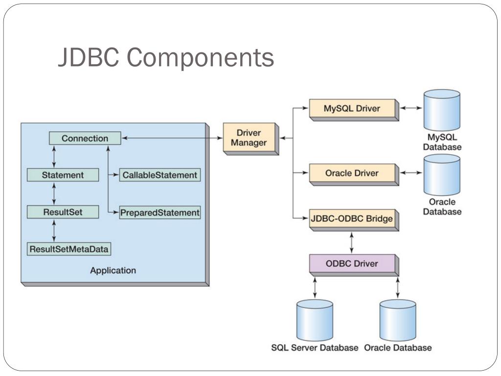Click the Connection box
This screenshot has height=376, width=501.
[85, 138]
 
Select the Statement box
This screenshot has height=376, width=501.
[63, 175]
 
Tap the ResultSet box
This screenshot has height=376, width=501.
[63, 212]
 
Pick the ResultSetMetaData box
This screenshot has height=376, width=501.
[68, 249]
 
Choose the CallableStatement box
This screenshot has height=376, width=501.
[160, 175]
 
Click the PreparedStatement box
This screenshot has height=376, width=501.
[160, 212]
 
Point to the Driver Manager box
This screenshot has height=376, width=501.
[251, 139]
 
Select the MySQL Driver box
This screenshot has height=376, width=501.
[354, 110]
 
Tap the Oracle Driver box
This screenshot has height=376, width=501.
[354, 174]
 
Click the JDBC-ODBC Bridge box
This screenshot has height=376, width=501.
[354, 220]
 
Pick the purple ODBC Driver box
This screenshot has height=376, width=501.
[354, 265]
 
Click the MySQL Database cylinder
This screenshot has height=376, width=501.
[442, 110]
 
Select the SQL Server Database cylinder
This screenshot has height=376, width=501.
[315, 320]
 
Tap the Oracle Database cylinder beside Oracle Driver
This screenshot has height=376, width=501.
[442, 175]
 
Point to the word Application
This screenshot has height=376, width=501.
[113, 270]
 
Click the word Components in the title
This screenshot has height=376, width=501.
[200, 58]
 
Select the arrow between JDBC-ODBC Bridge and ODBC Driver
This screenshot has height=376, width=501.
[352, 243]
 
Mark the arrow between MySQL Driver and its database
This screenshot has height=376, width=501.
[411, 108]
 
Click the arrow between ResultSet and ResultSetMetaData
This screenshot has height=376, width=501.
[54, 231]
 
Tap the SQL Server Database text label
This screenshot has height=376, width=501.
[315, 348]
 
